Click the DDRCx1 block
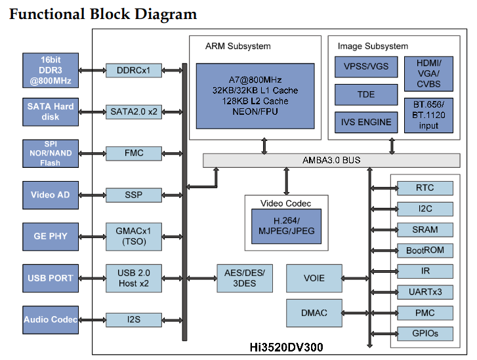pos(134,70)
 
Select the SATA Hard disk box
pos(51,111)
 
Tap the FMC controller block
pos(134,153)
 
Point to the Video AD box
pos(51,195)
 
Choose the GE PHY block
pos(51,236)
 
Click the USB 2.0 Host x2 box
pos(134,278)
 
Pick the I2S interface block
pos(134,320)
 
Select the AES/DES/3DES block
pos(245,278)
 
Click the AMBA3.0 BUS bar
pos(331,160)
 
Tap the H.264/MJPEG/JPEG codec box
pos(286,226)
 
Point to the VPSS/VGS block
pos(366,67)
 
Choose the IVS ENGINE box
pos(366,122)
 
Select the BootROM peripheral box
pos(425,250)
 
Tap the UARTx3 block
pos(425,292)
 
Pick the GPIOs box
pos(425,333)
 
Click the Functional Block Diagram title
pos(103,14)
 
